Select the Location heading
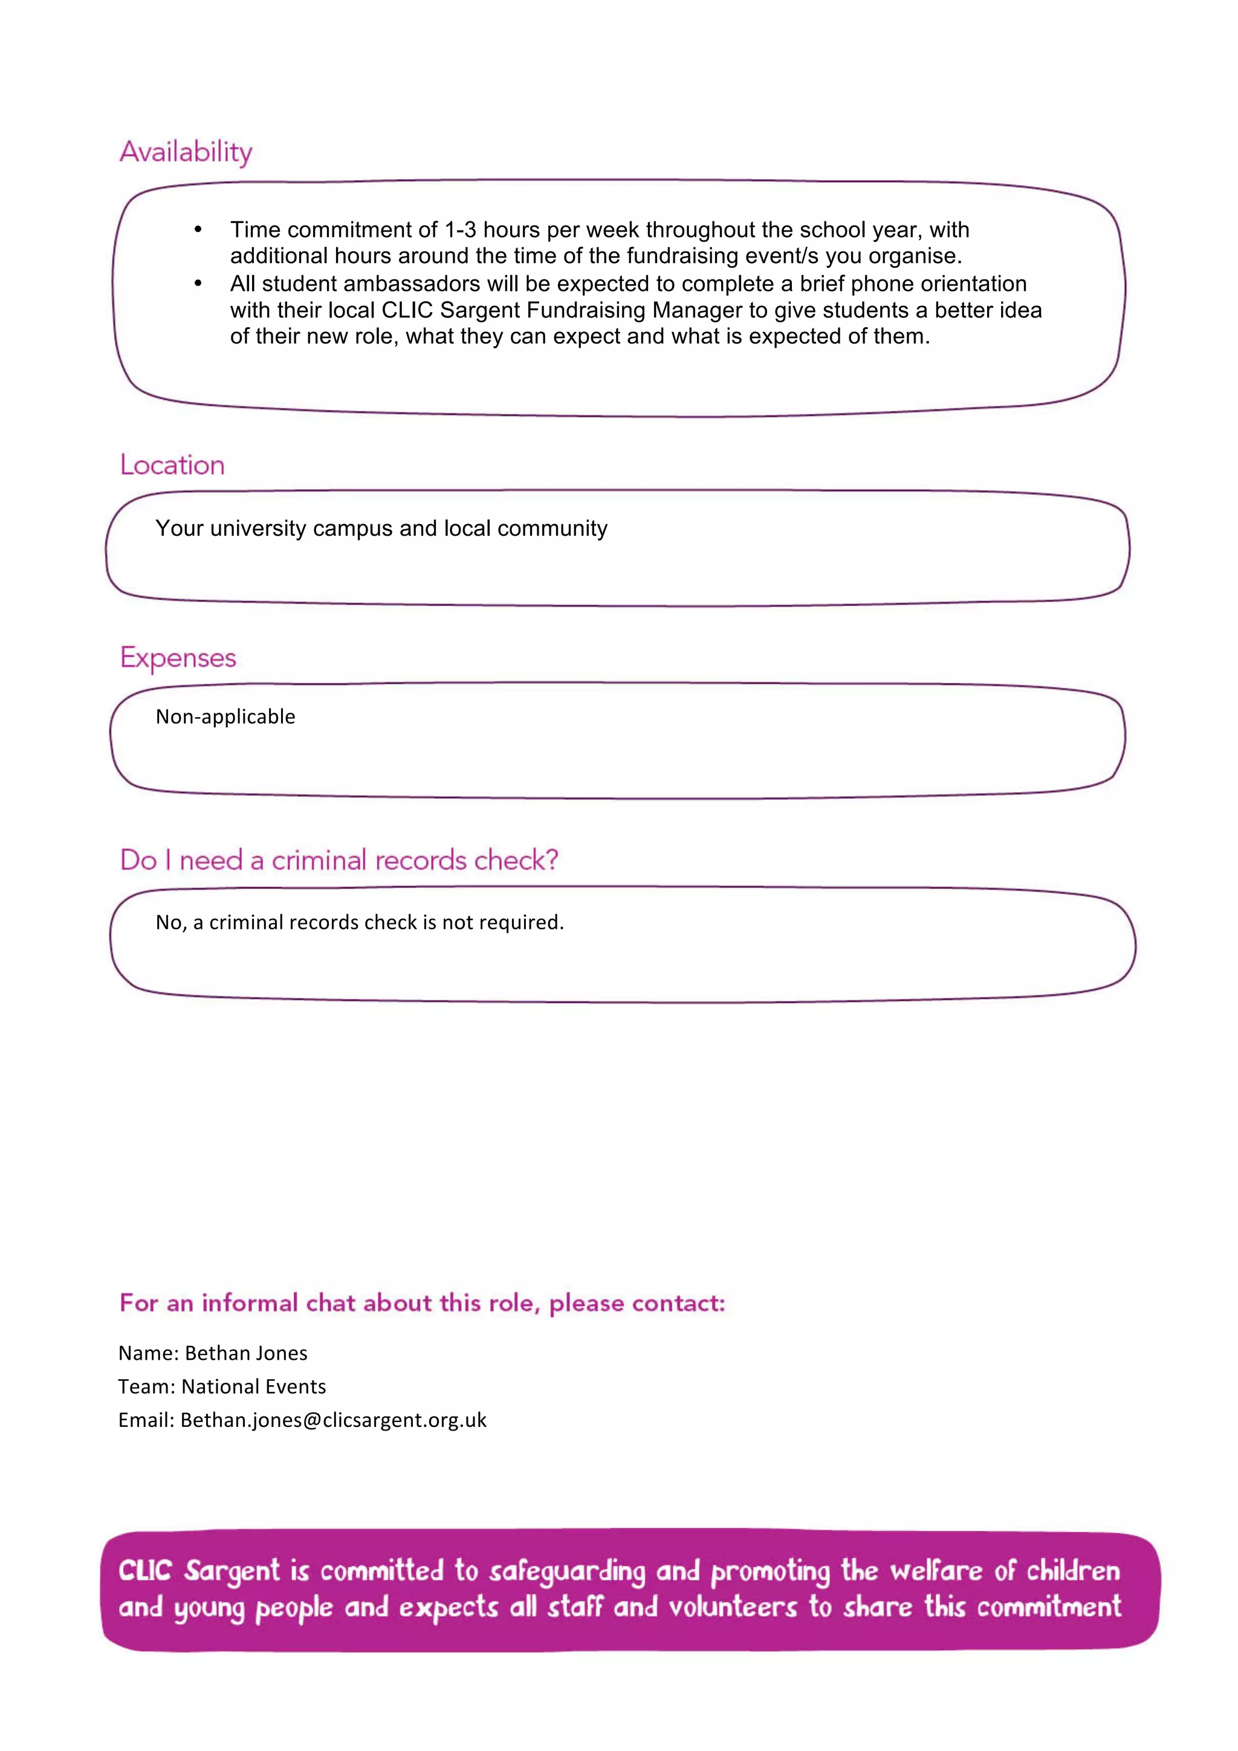[172, 465]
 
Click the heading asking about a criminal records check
[339, 860]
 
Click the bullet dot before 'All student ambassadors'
[198, 284]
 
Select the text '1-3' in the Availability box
[461, 230]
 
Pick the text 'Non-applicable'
[225, 717]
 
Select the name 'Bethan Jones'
[246, 1353]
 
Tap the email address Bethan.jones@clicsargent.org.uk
[333, 1420]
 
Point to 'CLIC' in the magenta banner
[145, 1570]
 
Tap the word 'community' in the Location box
[552, 528]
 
